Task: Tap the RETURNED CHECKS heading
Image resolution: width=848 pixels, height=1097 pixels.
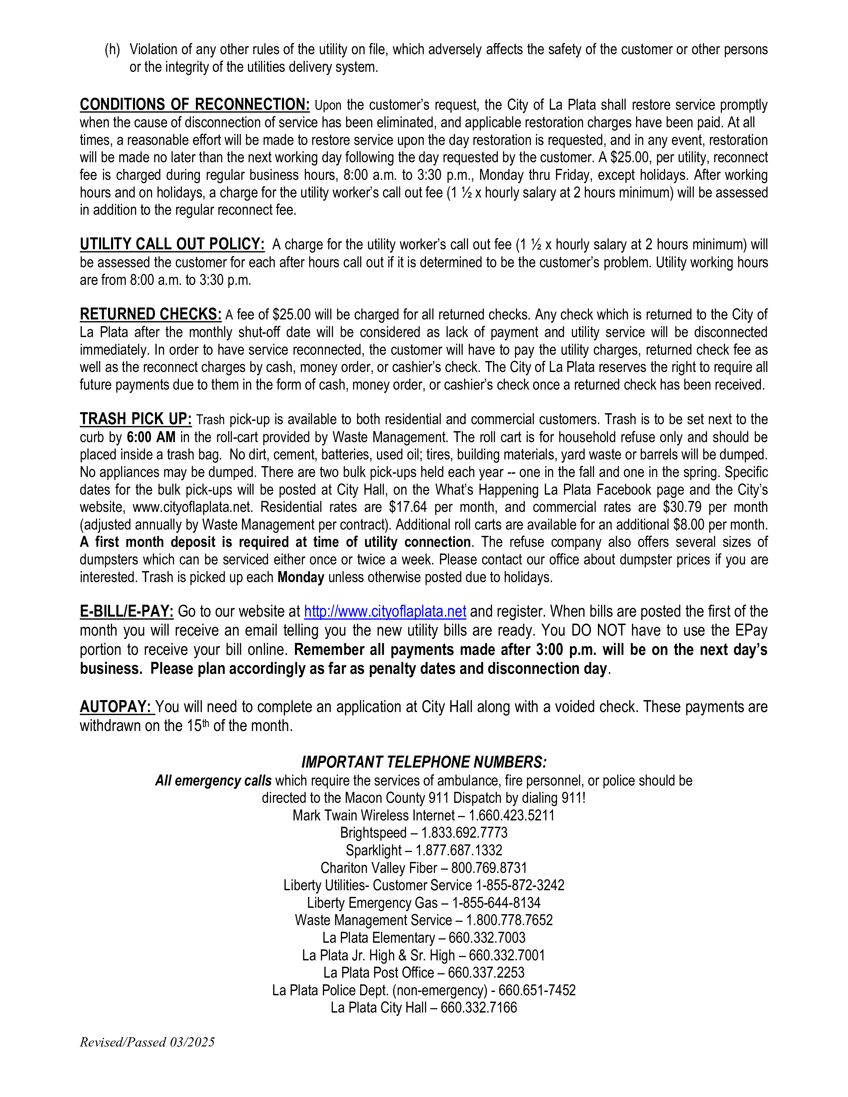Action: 150,314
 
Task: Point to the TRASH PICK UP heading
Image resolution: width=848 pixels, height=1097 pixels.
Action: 136,419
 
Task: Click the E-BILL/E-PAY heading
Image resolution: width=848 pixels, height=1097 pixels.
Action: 127,611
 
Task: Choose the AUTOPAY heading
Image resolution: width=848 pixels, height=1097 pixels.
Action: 116,707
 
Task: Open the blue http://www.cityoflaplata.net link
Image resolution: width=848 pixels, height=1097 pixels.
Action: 385,611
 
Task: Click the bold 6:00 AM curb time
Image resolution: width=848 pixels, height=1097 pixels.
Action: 151,437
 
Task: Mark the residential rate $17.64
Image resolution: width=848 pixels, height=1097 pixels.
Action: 407,507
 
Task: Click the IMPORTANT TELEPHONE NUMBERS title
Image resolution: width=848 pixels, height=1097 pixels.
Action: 423,762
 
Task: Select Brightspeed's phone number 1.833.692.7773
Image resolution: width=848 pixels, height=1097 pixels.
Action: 464,833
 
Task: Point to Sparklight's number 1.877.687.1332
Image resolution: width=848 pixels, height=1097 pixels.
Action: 459,850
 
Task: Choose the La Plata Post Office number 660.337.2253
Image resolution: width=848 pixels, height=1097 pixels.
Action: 486,973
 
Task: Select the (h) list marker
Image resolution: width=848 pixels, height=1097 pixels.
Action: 112,49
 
